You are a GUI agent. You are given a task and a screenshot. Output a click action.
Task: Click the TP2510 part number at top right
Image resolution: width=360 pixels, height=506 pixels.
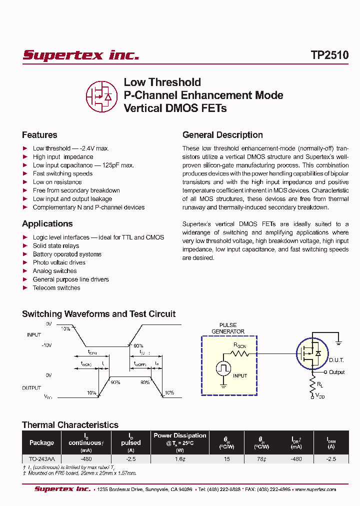329,55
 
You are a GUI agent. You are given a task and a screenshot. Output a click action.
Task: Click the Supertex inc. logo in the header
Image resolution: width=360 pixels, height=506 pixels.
80,55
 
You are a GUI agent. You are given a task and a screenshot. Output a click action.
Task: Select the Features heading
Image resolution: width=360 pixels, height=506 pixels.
39,135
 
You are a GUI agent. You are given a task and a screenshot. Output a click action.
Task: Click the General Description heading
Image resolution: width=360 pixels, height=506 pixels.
222,135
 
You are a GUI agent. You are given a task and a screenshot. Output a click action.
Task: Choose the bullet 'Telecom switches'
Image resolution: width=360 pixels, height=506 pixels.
56,288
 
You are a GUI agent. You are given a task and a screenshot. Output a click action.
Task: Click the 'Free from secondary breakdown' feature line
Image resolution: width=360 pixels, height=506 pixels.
76,190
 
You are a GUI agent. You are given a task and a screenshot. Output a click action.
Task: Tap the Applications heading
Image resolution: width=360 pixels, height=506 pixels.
47,224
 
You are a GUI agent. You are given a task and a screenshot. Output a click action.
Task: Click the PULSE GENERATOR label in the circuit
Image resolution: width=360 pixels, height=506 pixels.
227,328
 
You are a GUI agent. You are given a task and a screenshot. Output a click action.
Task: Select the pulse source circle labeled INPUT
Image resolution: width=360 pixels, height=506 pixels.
223,368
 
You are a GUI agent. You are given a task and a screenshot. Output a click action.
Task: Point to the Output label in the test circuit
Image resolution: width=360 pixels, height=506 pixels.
337,372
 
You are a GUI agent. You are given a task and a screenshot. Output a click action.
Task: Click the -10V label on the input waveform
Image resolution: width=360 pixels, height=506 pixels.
47,345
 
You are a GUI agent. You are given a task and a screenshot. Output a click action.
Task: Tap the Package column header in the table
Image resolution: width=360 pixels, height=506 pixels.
42,442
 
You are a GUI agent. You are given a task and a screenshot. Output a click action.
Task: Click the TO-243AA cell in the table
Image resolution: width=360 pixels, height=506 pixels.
42,458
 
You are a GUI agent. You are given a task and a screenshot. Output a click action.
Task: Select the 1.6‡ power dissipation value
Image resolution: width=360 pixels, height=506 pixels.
179,458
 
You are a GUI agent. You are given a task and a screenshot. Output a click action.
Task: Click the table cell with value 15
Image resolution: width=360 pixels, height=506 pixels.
227,458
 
